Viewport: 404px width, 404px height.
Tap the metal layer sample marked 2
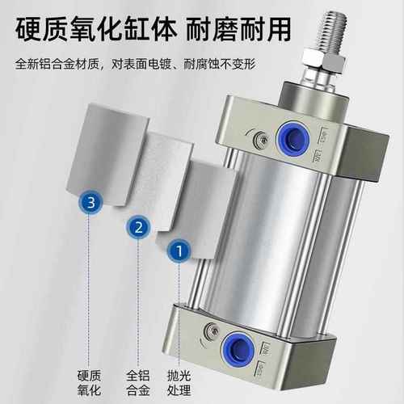tap(166, 178)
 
